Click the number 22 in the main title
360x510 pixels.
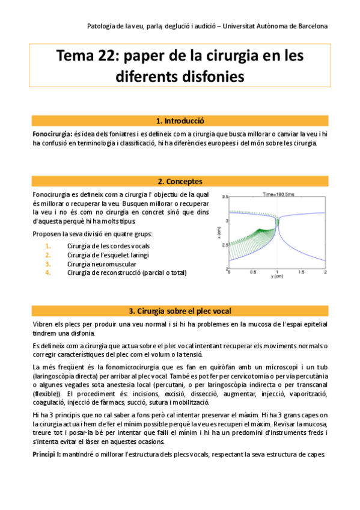pos(106,56)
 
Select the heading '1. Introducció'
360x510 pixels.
pos(180,120)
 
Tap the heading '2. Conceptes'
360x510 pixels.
pos(180,181)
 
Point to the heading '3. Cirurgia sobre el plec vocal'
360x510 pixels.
pos(180,311)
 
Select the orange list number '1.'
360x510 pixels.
pos(48,246)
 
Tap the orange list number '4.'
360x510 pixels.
pos(48,272)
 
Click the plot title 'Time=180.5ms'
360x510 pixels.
pos(278,194)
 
